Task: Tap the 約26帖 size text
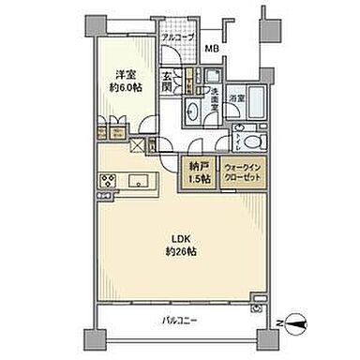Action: [179, 252]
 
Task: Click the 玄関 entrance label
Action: [169, 84]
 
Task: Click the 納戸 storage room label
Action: [197, 169]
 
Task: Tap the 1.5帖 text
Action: [197, 179]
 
